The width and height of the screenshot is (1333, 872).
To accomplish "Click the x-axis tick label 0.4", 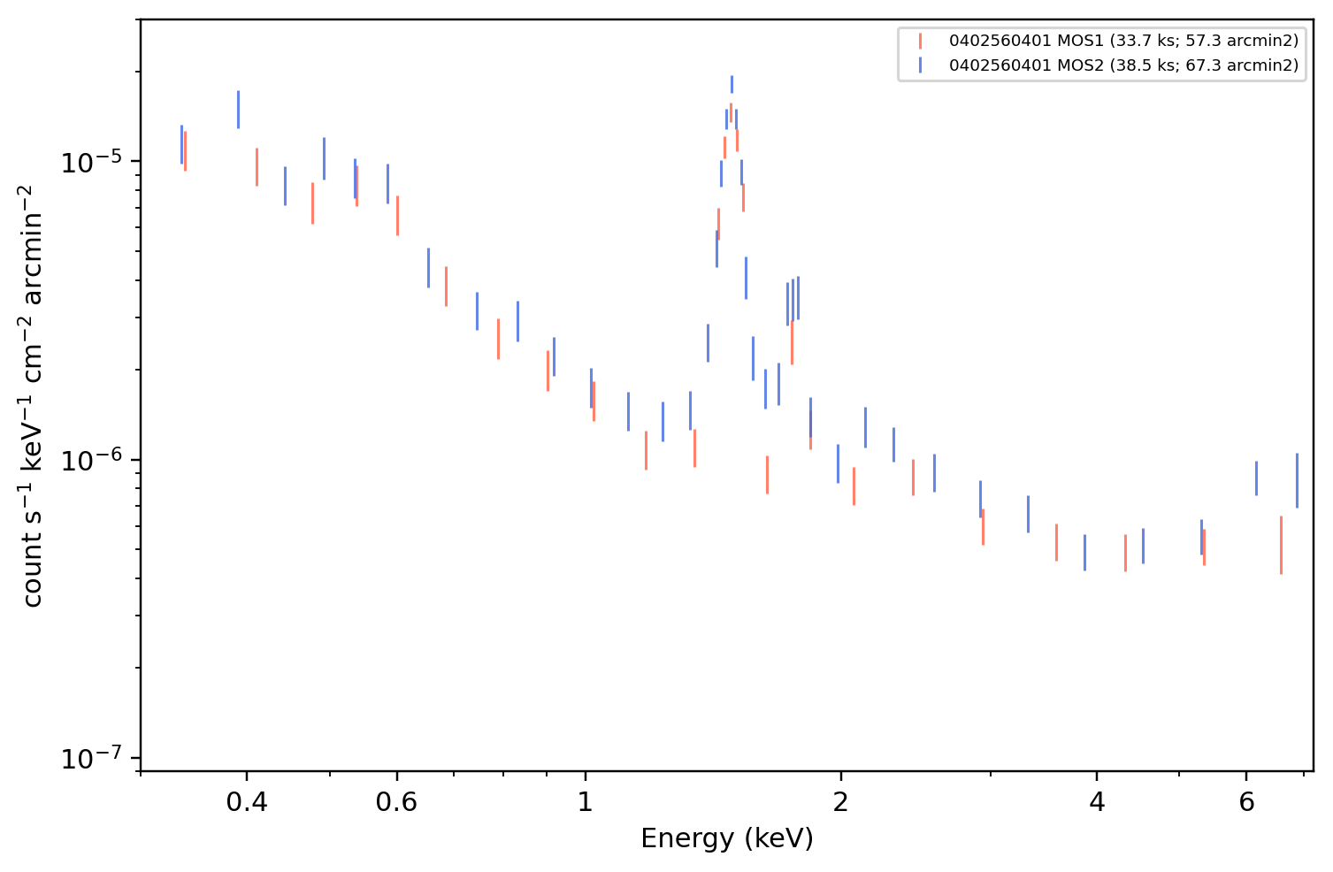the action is pyautogui.click(x=247, y=802).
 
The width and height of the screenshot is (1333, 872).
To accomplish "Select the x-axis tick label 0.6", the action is pyautogui.click(x=396, y=802).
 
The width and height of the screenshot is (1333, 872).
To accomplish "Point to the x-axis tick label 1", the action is pyautogui.click(x=586, y=802).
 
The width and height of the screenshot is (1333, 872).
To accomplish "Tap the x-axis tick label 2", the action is pyautogui.click(x=840, y=802).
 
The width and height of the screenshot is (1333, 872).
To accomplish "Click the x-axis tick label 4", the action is pyautogui.click(x=1097, y=802).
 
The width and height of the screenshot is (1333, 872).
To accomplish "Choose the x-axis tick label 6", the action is pyautogui.click(x=1246, y=802).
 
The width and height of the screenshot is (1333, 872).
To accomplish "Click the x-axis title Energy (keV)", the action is pyautogui.click(x=726, y=838).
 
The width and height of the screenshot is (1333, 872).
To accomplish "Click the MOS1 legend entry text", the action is pyautogui.click(x=1123, y=41).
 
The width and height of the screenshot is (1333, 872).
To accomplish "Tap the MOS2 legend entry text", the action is pyautogui.click(x=1123, y=65).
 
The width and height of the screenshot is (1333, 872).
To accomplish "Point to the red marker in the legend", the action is pyautogui.click(x=920, y=41).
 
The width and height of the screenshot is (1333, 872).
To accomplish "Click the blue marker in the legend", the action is pyautogui.click(x=920, y=65).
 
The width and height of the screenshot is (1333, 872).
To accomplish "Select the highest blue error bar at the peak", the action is pyautogui.click(x=732, y=85).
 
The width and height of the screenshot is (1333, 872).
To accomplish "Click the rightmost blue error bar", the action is pyautogui.click(x=1297, y=480).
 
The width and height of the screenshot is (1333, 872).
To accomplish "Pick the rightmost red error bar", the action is pyautogui.click(x=1281, y=545).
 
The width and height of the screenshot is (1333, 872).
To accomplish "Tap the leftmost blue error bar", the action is pyautogui.click(x=181, y=144).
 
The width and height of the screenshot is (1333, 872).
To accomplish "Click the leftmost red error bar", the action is pyautogui.click(x=185, y=151).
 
